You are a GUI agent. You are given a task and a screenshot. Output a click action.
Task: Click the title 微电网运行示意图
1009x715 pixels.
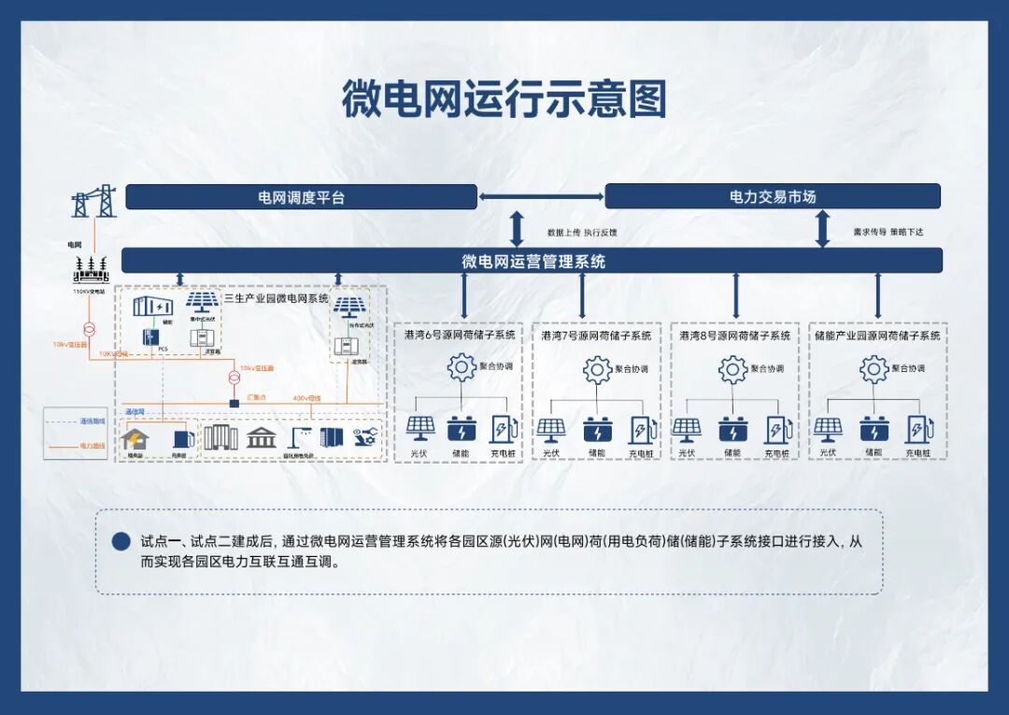click(x=504, y=99)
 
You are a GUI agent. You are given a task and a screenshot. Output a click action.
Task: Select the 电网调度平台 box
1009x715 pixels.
click(x=301, y=197)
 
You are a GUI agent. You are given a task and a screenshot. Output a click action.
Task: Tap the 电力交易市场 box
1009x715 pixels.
click(x=773, y=197)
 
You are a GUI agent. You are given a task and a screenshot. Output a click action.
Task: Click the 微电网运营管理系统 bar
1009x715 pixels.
click(x=533, y=261)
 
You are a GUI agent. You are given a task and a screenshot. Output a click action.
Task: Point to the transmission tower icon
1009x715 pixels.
click(x=94, y=201)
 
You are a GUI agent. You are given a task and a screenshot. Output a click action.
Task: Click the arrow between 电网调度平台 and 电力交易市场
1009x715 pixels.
click(x=541, y=197)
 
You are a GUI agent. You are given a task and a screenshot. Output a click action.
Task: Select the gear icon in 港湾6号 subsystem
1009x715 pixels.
click(x=462, y=367)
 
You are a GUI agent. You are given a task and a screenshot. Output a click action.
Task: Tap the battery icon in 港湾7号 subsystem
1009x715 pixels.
click(x=598, y=430)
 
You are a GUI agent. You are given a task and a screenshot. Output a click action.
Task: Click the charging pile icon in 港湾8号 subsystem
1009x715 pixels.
click(x=776, y=430)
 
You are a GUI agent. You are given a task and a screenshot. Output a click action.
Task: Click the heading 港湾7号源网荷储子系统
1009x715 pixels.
click(x=596, y=336)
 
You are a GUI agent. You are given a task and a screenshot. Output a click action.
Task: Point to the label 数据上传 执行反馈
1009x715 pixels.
click(x=581, y=232)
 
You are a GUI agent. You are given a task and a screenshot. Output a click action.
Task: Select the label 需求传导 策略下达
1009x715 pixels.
click(x=888, y=232)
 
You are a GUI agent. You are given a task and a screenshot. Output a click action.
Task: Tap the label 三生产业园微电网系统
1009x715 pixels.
click(x=276, y=298)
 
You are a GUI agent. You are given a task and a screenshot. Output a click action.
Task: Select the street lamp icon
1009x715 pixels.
click(x=299, y=436)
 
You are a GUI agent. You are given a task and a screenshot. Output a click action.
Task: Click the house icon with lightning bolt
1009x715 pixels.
click(x=135, y=437)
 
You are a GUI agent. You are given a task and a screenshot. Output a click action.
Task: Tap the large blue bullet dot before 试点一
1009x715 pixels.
click(x=121, y=541)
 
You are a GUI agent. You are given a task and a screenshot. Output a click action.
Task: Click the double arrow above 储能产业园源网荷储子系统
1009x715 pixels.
click(x=877, y=296)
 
